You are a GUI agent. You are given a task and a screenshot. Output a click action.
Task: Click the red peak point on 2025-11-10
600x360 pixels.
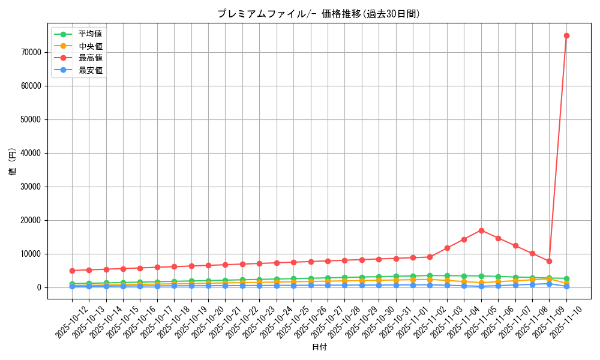[566, 35]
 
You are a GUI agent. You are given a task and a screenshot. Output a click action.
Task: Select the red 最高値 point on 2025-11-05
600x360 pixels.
[481, 230]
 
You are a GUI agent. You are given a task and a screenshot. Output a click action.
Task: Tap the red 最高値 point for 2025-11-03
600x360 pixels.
[447, 248]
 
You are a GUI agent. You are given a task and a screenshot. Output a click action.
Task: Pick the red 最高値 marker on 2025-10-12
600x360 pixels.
[72, 271]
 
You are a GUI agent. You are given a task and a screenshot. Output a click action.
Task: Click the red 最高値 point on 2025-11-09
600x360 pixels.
[549, 261]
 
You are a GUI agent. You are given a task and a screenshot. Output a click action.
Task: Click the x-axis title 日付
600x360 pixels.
[319, 347]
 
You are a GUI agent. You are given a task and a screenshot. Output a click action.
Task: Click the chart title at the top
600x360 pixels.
[319, 14]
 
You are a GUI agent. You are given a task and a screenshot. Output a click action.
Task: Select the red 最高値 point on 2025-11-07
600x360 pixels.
[515, 246]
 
